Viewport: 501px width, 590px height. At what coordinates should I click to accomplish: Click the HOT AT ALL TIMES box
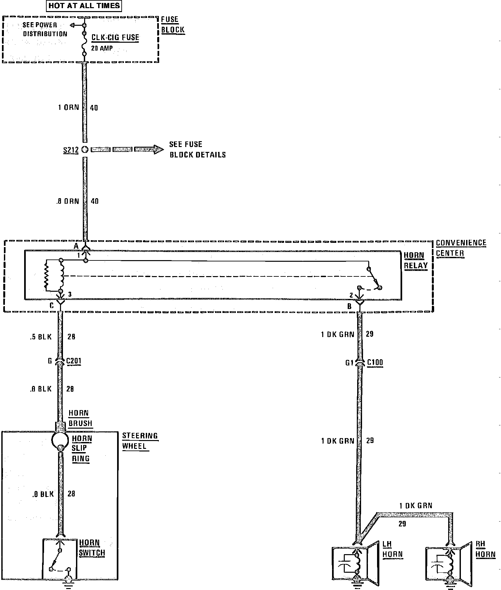tap(84, 6)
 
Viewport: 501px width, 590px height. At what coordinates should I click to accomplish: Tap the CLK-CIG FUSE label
tap(115, 37)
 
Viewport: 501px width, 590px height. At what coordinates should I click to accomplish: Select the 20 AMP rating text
tap(102, 48)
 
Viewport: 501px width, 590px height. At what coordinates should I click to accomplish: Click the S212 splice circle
tap(85, 150)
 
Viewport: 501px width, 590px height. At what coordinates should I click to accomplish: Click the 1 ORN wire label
tap(68, 108)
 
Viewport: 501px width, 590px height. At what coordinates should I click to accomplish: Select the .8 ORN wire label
tap(68, 201)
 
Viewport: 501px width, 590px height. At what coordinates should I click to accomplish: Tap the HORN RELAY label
tap(415, 260)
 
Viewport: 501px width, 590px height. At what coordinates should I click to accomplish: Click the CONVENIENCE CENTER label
tap(461, 248)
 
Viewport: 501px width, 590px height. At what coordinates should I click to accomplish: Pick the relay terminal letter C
tap(52, 306)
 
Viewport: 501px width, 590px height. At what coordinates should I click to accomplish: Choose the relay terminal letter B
tap(349, 306)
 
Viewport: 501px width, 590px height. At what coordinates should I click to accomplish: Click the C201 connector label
tap(73, 361)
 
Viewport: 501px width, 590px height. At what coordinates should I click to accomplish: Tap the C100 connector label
tap(375, 362)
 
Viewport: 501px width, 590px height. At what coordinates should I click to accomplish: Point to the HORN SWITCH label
tap(92, 548)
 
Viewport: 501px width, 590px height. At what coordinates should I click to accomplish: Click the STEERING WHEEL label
tap(140, 441)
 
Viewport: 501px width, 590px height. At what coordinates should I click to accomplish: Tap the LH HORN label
tap(392, 549)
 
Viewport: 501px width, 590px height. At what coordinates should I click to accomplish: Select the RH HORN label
tap(485, 549)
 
